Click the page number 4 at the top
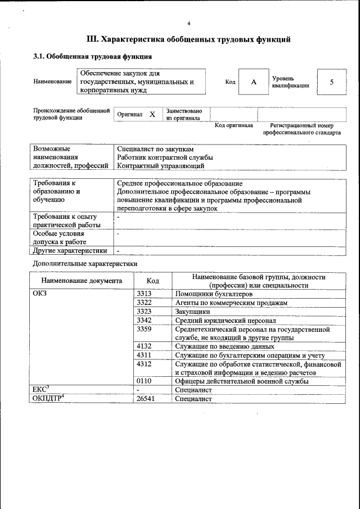point(189,23)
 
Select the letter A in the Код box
point(254,82)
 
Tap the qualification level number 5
point(332,82)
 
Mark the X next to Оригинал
point(152,114)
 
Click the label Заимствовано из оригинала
point(184,115)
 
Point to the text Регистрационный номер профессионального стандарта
point(301,129)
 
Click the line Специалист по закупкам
point(155,149)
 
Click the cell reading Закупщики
point(192,311)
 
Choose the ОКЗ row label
point(41,294)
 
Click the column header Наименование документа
point(82,281)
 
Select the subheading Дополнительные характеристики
point(85,263)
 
